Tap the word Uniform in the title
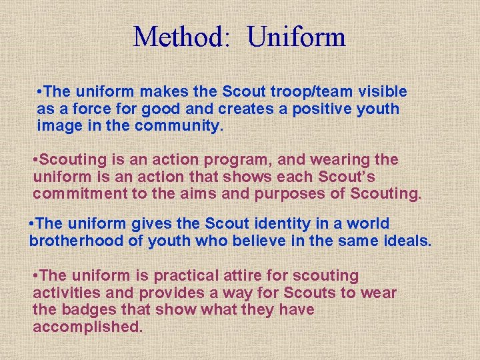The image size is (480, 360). pyautogui.click(x=297, y=37)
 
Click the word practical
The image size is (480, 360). pyautogui.click(x=186, y=275)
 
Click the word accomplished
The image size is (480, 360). pyautogui.click(x=87, y=327)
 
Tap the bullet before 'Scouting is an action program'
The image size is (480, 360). pyautogui.click(x=37, y=160)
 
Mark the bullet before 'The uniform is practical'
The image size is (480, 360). pyautogui.click(x=35, y=275)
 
